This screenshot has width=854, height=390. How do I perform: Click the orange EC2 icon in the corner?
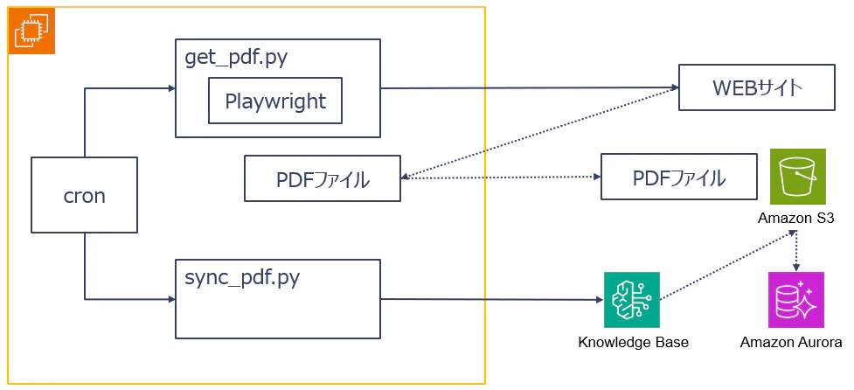pos(31,31)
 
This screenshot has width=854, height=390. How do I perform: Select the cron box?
pos(84,195)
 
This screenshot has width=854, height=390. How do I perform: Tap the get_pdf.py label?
pos(237,58)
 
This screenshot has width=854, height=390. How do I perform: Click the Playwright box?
pos(275,101)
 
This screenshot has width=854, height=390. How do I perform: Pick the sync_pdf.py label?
pos(242,278)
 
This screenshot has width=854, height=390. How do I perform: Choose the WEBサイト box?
pos(756,87)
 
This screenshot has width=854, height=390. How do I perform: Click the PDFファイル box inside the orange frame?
pos(323,178)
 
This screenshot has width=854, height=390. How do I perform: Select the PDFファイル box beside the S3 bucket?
pos(678,177)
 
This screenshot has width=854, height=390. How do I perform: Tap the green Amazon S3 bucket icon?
pos(797,177)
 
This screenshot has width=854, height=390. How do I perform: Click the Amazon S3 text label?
pos(796,219)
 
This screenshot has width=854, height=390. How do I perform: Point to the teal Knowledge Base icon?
pos(632,300)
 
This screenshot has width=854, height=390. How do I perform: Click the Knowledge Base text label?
pos(633,343)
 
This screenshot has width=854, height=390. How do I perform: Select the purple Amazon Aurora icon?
pos(796,300)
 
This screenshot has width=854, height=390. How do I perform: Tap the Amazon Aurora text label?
pos(791,343)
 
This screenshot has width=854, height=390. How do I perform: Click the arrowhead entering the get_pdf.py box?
pos(171,87)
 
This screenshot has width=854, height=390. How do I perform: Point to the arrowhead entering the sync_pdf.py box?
pos(171,299)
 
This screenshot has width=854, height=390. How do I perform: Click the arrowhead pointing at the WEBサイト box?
pos(674,87)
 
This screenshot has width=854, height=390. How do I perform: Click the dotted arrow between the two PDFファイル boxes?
pos(501,177)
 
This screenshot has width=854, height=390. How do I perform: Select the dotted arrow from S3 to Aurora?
pos(797,250)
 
